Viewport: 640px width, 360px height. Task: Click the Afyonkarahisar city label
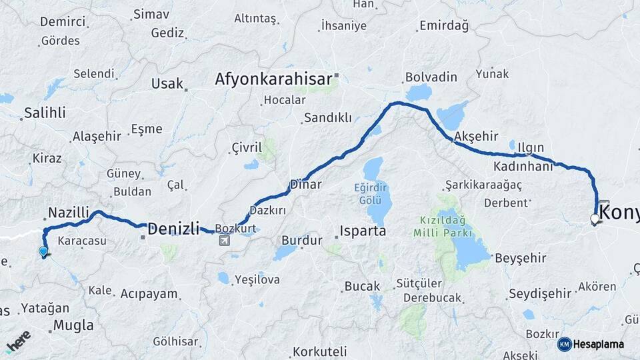click(x=273, y=79)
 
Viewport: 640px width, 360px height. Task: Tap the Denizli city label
click(x=173, y=229)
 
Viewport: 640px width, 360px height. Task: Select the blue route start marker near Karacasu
click(x=43, y=251)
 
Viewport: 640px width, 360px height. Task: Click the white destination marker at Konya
click(x=595, y=218)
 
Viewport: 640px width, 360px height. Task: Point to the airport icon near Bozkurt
click(x=223, y=240)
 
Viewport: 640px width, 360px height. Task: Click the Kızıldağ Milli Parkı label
click(x=442, y=226)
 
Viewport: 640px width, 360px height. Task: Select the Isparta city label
click(x=363, y=231)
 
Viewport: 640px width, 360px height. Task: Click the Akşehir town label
click(x=476, y=136)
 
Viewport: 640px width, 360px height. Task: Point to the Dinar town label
click(x=306, y=185)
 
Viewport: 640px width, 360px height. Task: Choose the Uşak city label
click(x=167, y=83)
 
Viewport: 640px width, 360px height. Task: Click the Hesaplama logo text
click(x=598, y=344)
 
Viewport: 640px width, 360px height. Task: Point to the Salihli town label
click(x=45, y=113)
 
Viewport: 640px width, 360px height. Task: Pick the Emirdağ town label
click(x=444, y=26)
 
